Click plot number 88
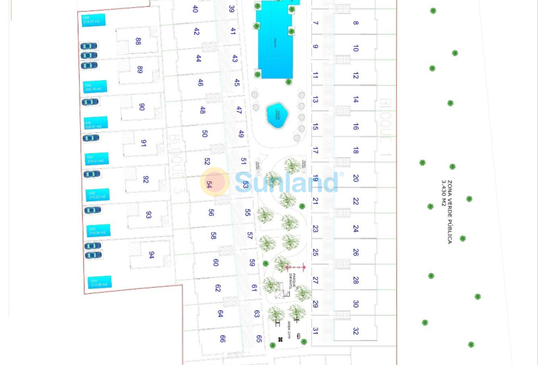(139, 41)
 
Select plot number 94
(151, 255)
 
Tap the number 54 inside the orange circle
(210, 184)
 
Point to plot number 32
(356, 331)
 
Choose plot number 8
(356, 23)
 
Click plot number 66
(222, 339)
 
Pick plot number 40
(195, 9)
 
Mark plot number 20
(356, 178)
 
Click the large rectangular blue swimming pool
(275, 40)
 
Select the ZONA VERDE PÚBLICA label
(450, 212)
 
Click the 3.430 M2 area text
(444, 193)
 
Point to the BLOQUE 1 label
(385, 120)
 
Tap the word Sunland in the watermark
(286, 182)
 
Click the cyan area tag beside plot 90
(96, 123)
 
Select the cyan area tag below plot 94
(100, 282)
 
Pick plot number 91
(144, 143)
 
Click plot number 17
(315, 150)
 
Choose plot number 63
(256, 314)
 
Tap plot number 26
(356, 252)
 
